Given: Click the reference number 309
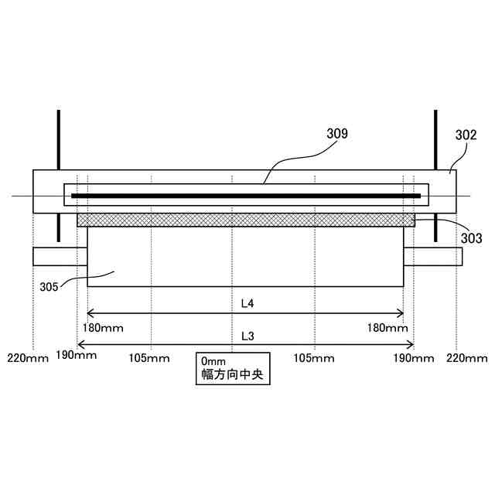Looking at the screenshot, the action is pos(337,134).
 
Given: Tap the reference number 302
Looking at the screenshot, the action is pos(466,135).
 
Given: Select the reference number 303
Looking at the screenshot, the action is pos(470,239).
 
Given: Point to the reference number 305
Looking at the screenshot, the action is pos(49,286).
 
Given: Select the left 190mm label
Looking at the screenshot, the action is pos(77,356).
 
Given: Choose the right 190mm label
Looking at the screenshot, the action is pos(414,357).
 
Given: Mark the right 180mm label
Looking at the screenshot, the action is pos(387,328).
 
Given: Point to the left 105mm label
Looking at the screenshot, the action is pos(149,357).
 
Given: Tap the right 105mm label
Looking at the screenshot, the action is pos(313,357).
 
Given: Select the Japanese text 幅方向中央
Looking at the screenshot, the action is pos(231,376).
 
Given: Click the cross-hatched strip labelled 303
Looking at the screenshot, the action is pos(246,220).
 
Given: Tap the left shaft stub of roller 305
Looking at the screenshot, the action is pos(60,256).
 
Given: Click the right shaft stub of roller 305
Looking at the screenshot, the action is pos(432,256).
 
